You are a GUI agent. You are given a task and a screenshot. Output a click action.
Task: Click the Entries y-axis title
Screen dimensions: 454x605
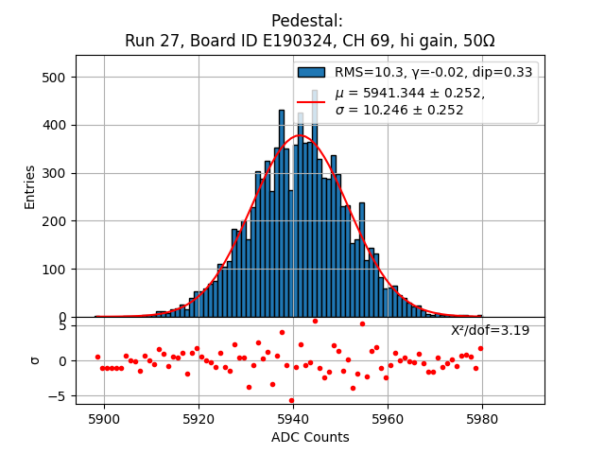click(30, 186)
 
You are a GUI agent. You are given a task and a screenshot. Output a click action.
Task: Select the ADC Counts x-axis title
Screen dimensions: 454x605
click(310, 437)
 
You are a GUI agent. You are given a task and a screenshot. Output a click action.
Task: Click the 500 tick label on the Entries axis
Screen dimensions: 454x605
click(54, 78)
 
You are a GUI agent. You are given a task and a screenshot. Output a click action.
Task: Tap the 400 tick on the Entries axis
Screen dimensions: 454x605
click(54, 125)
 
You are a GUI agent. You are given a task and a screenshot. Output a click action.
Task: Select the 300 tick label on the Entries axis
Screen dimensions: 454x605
click(54, 173)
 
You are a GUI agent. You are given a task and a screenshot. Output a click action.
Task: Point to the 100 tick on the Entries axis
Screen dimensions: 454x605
click(54, 270)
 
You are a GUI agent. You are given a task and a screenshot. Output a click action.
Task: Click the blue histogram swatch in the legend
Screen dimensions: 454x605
click(311, 72)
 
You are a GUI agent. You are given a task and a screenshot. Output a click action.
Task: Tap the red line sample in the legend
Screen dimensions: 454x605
click(311, 101)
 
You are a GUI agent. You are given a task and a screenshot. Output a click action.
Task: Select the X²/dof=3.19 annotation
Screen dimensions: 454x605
click(490, 330)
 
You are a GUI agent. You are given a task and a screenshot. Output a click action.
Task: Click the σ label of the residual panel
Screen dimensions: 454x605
click(34, 360)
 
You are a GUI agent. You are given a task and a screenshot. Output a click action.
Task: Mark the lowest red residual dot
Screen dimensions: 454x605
click(291, 400)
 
